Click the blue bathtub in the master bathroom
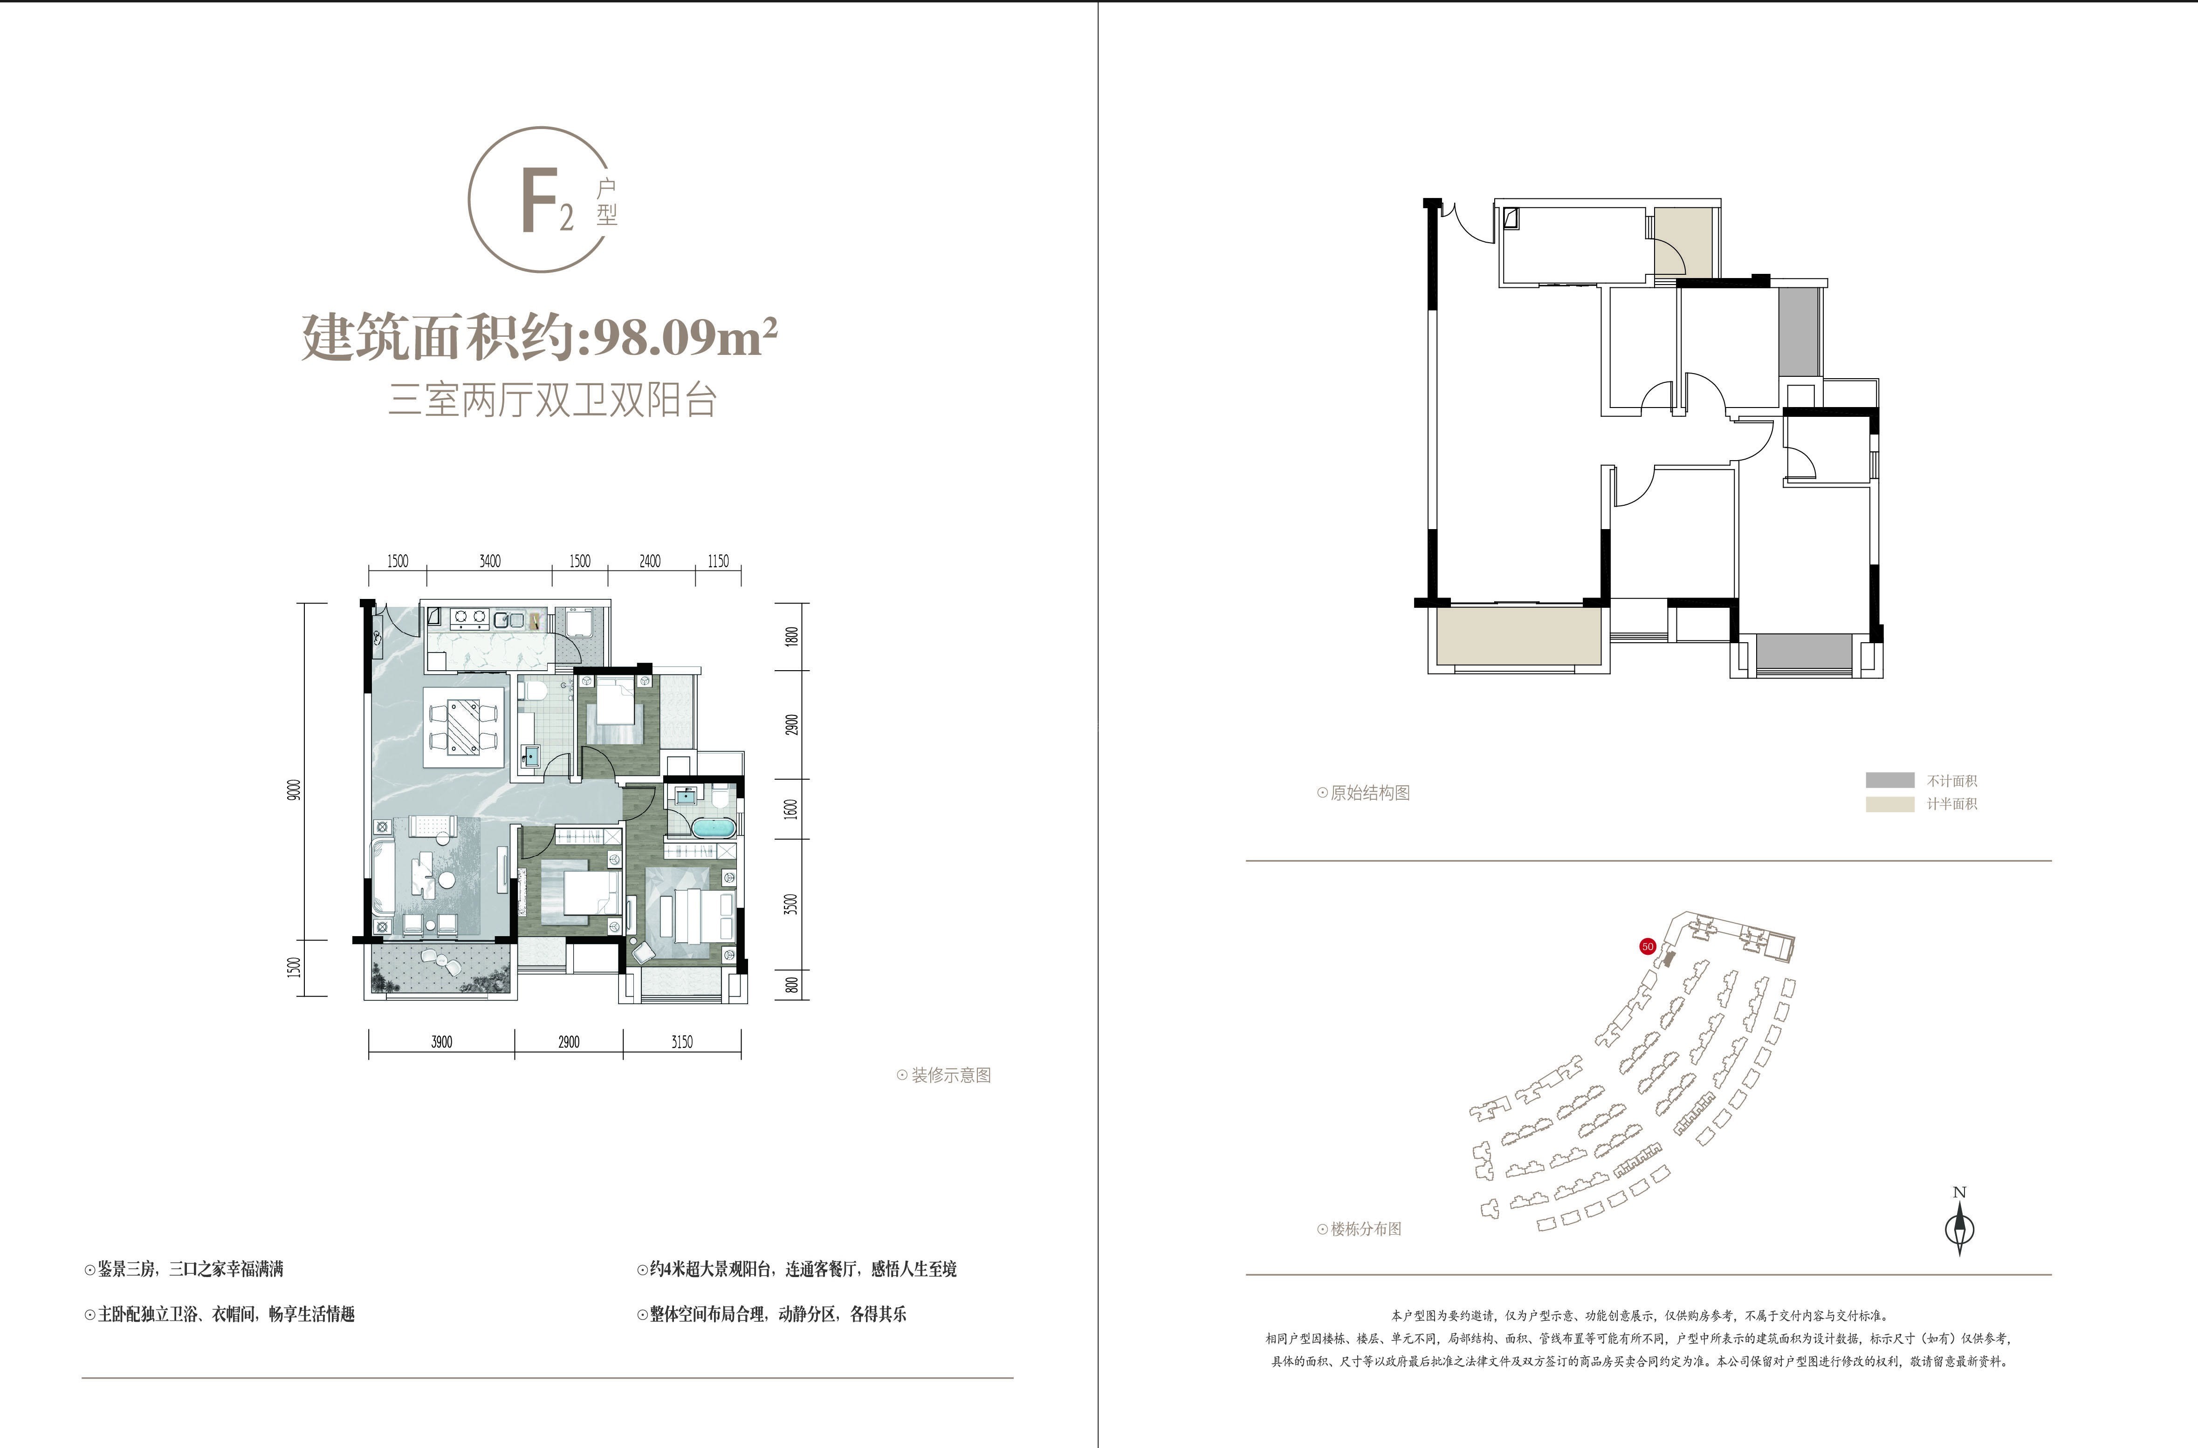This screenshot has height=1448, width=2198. coord(713,827)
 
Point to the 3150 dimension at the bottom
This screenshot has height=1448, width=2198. coord(682,1042)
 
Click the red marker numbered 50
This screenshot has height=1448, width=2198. coord(1647,946)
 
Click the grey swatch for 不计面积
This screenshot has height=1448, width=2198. coord(1889,780)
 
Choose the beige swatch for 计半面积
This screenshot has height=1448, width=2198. coord(1889,804)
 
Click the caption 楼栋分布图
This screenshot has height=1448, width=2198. coord(1366,1229)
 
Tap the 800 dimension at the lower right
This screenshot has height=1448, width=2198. coord(791,985)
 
